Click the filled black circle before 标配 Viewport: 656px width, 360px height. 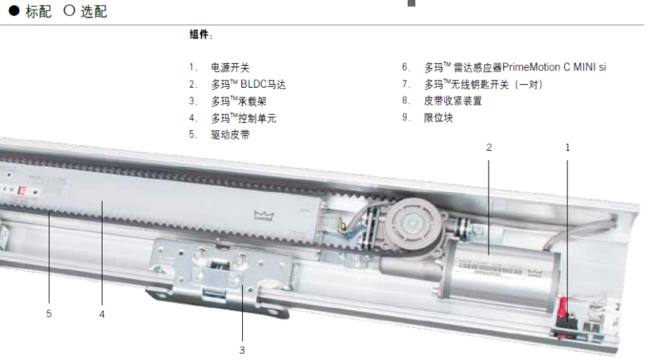click(x=14, y=11)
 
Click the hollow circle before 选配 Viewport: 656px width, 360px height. click(x=69, y=11)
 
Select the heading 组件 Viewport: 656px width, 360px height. click(x=199, y=34)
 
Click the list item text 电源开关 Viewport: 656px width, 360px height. click(x=230, y=67)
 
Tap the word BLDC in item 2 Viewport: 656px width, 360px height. click(x=253, y=84)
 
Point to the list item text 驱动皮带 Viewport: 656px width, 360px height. click(x=230, y=135)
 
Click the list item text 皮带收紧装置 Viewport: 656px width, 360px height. click(x=453, y=101)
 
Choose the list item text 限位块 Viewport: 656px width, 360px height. click(x=439, y=118)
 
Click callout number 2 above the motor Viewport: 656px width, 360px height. click(x=488, y=147)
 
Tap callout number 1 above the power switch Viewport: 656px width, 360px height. click(x=568, y=147)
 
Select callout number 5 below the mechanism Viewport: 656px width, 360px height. click(x=49, y=314)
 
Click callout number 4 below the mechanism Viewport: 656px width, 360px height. click(x=102, y=314)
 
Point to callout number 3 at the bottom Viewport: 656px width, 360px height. click(x=242, y=350)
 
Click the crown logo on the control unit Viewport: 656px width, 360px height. click(x=264, y=215)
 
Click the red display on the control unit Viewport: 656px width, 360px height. click(x=22, y=192)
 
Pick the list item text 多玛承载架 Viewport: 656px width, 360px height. click(x=239, y=101)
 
